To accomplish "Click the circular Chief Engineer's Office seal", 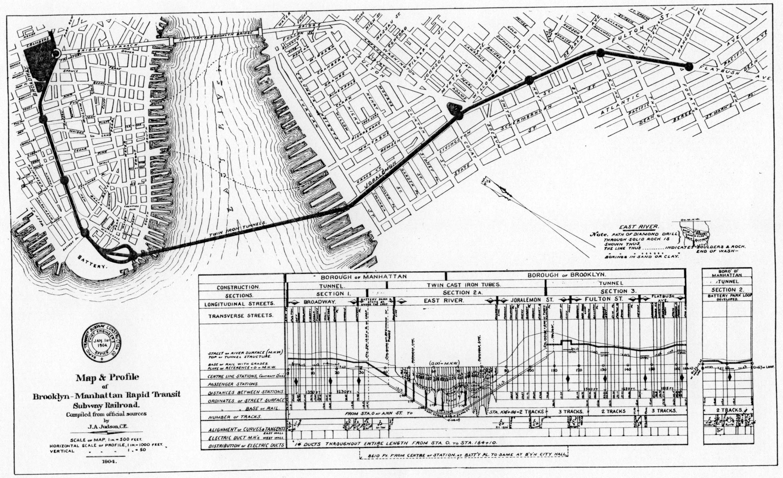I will [x=101, y=344].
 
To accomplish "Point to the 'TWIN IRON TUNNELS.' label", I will [x=238, y=234].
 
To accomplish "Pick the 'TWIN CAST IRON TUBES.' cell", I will [x=464, y=285].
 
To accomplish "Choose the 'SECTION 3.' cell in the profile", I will [x=614, y=291].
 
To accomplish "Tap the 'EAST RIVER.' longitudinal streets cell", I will [x=444, y=300].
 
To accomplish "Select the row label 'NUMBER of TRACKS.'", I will [x=235, y=417].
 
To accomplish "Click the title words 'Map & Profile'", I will [x=107, y=377].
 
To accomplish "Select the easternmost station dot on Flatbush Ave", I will [x=689, y=67].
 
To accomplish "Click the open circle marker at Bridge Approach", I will [x=56, y=54].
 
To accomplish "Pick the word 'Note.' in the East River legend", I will [x=599, y=235].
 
